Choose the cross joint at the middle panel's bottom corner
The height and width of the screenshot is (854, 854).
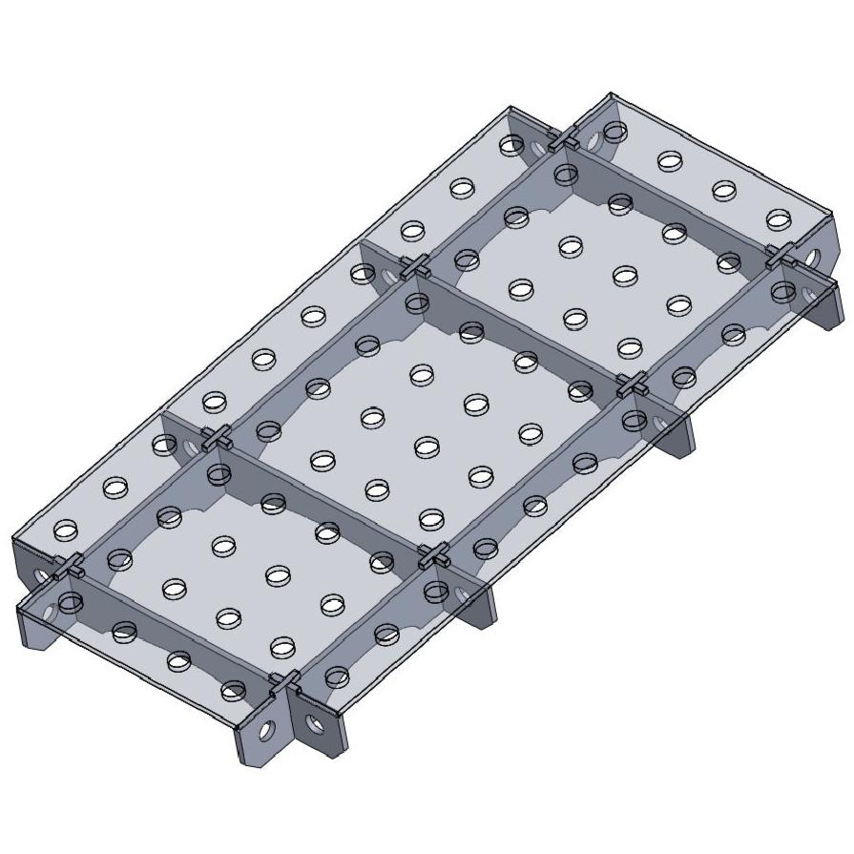coord(434,554)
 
